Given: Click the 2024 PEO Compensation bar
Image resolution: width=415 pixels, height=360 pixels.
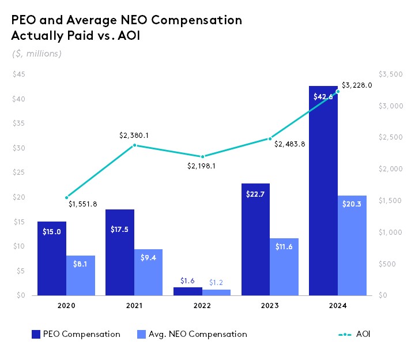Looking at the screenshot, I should click(x=323, y=190).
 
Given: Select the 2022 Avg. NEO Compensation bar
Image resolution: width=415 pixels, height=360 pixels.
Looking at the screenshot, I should click(x=216, y=292).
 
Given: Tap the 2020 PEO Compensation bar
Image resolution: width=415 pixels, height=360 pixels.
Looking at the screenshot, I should click(x=52, y=258).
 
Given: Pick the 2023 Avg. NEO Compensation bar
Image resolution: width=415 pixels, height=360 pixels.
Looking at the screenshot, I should click(x=284, y=267).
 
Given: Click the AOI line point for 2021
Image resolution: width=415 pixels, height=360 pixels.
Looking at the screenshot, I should click(x=134, y=145).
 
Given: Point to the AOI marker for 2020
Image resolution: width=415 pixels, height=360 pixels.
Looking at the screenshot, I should click(x=67, y=198).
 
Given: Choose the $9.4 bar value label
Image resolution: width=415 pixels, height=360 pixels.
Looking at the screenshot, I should click(x=149, y=258).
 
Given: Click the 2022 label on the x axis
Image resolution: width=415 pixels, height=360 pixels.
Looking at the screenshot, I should click(x=202, y=306).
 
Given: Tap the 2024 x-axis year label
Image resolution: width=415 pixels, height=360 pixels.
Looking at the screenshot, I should click(x=337, y=306).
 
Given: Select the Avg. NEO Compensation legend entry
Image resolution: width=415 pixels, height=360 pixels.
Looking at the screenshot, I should click(x=193, y=334).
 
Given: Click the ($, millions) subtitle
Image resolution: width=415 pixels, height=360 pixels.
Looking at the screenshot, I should click(x=37, y=54).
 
